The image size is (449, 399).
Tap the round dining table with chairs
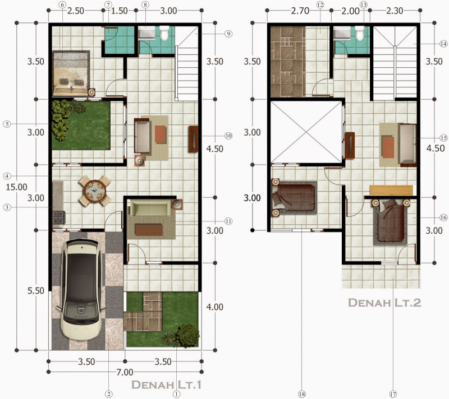[94, 191]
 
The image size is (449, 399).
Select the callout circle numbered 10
[228, 136]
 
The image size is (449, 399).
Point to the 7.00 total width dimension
[125, 372]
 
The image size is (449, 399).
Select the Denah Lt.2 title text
[384, 303]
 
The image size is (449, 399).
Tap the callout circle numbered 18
[302, 395]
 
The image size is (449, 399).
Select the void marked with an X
[306, 133]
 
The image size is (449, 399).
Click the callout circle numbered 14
[444, 44]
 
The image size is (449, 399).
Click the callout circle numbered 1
[176, 394]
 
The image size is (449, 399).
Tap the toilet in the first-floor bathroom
[164, 35]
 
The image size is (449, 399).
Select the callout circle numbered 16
[443, 217]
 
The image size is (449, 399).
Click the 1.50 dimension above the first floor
[119, 11]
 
